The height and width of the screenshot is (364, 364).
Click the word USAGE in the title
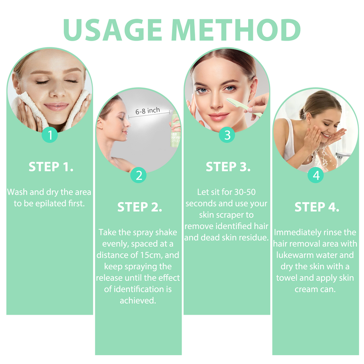click(112, 30)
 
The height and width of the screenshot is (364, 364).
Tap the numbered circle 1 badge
click(50, 135)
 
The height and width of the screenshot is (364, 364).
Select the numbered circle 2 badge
click(139, 175)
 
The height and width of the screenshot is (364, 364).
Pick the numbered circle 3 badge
click(227, 135)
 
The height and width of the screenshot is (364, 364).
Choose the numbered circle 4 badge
click(316, 175)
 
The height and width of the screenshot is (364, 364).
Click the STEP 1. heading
click(51, 167)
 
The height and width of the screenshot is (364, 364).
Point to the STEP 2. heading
click(139, 207)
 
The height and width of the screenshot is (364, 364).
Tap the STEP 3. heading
click(228, 167)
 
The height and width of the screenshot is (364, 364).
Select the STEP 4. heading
click(317, 207)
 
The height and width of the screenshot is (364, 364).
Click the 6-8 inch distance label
click(148, 110)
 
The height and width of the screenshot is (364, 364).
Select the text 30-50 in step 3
click(245, 192)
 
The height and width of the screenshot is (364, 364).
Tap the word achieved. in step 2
click(138, 300)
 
